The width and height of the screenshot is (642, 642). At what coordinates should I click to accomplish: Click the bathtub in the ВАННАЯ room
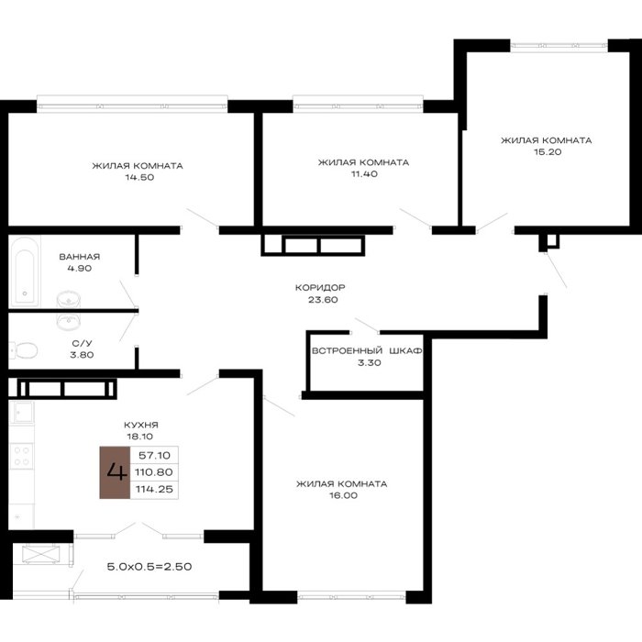point(25,271)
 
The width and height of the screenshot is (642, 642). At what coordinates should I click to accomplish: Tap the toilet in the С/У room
point(24,350)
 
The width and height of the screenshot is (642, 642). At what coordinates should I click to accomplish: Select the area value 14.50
point(139,177)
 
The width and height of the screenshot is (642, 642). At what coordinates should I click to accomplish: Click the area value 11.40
point(364,173)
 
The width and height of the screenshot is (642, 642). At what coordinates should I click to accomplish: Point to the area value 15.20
point(548,151)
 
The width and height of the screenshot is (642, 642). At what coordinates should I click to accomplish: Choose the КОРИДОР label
point(320,287)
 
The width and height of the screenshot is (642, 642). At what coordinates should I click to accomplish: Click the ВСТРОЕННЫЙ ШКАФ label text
point(367,351)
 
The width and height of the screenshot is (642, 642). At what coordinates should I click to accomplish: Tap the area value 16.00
point(344,495)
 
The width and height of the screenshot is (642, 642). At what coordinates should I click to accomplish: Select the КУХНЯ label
point(141,425)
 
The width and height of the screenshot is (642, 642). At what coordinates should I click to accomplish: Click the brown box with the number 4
point(115,472)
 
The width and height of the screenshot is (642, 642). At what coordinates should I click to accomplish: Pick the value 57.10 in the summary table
point(154,455)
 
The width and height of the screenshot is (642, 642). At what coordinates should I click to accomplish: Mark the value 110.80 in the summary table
point(154,472)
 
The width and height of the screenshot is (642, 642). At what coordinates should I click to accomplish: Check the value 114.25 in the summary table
point(154,489)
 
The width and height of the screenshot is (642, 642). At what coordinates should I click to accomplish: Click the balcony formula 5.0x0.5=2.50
point(149,567)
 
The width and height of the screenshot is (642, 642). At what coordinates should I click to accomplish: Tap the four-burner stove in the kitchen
point(21,456)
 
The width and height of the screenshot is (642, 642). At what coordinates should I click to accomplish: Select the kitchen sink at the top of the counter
point(23,412)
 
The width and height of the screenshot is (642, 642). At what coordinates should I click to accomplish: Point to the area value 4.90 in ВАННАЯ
point(80,268)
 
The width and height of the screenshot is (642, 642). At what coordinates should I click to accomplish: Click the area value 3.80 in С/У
point(82,355)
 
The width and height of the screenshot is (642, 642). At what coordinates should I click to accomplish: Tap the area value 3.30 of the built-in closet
point(370,362)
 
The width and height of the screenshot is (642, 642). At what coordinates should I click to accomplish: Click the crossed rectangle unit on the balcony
point(41,554)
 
